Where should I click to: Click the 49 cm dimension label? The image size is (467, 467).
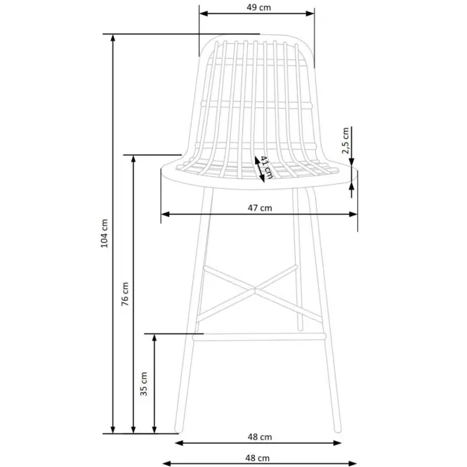[x=259, y=8]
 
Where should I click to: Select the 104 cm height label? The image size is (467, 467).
[x=104, y=233]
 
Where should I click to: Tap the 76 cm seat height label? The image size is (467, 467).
[x=125, y=294]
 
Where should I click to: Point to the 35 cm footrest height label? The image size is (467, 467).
[x=143, y=384]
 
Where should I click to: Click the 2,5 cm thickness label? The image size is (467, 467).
[x=346, y=140]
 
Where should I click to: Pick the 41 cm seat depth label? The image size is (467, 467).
[x=266, y=167]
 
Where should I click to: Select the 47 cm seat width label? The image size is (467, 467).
[x=260, y=208]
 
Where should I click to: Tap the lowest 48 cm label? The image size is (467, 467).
[x=257, y=458]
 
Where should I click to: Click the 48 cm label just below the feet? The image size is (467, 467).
[x=260, y=437]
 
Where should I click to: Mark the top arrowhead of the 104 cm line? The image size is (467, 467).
[x=112, y=38]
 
